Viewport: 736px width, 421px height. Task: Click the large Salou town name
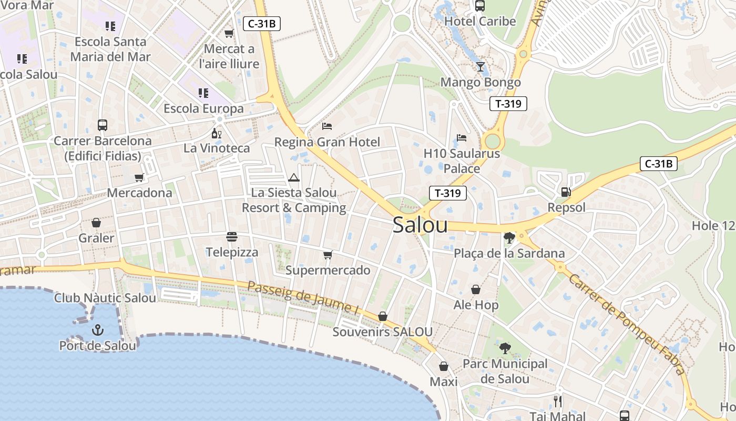point(420,225)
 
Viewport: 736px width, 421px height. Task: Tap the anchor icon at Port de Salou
point(97,330)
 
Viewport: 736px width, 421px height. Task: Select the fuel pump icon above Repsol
point(566,192)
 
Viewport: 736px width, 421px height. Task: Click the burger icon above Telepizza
point(232,237)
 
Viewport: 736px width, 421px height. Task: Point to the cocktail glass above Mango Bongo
point(481,67)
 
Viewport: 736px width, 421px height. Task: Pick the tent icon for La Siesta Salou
point(293,177)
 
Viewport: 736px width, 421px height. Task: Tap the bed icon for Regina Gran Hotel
point(327,126)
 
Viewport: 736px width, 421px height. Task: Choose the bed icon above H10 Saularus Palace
point(462,138)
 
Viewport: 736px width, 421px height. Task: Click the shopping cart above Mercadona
point(139,177)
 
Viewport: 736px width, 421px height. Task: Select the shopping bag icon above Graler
point(96,223)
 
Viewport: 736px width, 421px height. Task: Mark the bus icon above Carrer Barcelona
point(103,125)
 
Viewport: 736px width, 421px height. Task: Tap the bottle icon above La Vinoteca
point(216,133)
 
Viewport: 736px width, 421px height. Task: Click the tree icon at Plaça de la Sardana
point(509,238)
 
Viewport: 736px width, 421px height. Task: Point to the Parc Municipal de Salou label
point(505,371)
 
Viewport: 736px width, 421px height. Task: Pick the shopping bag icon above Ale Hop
point(476,289)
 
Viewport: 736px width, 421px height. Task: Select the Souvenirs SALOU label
point(383,332)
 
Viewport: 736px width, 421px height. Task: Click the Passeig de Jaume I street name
point(303,298)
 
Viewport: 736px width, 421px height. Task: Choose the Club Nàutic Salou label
point(105,298)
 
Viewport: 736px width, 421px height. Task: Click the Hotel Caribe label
point(480,22)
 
